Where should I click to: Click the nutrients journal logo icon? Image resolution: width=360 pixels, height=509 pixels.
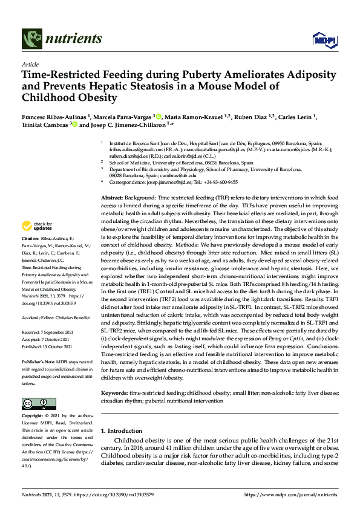(x=31, y=39)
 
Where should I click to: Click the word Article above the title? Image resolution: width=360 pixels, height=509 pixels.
(x=30, y=63)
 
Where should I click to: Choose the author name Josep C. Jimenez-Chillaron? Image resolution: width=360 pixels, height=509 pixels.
(x=123, y=125)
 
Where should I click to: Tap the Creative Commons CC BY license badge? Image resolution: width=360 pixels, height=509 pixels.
(x=35, y=403)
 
